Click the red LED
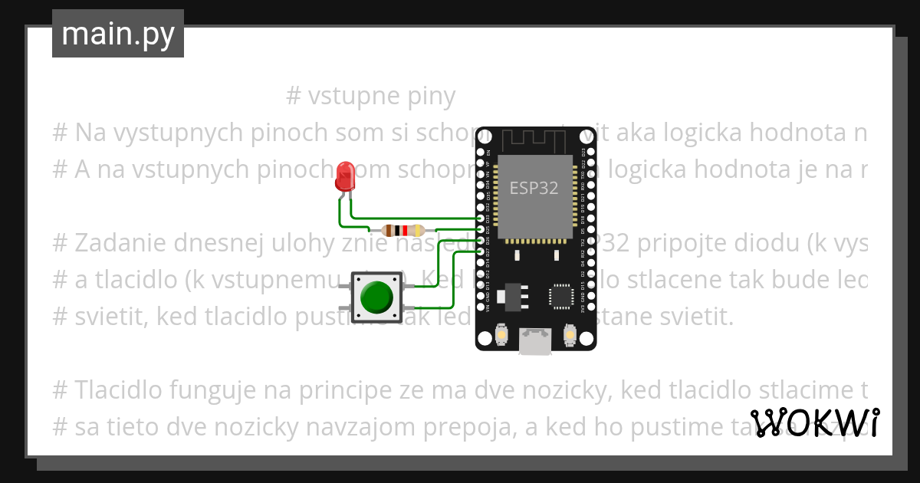tap(345, 176)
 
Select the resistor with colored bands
tap(402, 230)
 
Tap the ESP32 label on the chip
tap(534, 187)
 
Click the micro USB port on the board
tap(534, 342)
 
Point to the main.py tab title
tap(118, 34)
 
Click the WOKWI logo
tap(814, 422)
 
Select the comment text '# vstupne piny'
tap(370, 97)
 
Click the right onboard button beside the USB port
tap(569, 335)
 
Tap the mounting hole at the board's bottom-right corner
tap(586, 338)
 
